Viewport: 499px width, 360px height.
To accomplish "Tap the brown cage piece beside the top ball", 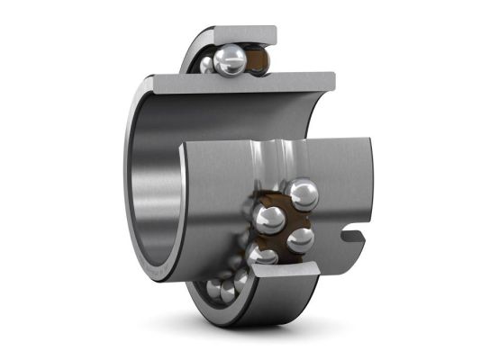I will (x=259, y=61).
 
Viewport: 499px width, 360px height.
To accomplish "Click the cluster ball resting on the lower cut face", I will (x=264, y=256).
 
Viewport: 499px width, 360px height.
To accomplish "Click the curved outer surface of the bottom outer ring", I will (x=270, y=306).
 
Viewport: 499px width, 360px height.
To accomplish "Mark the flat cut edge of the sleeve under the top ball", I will (x=243, y=83).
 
